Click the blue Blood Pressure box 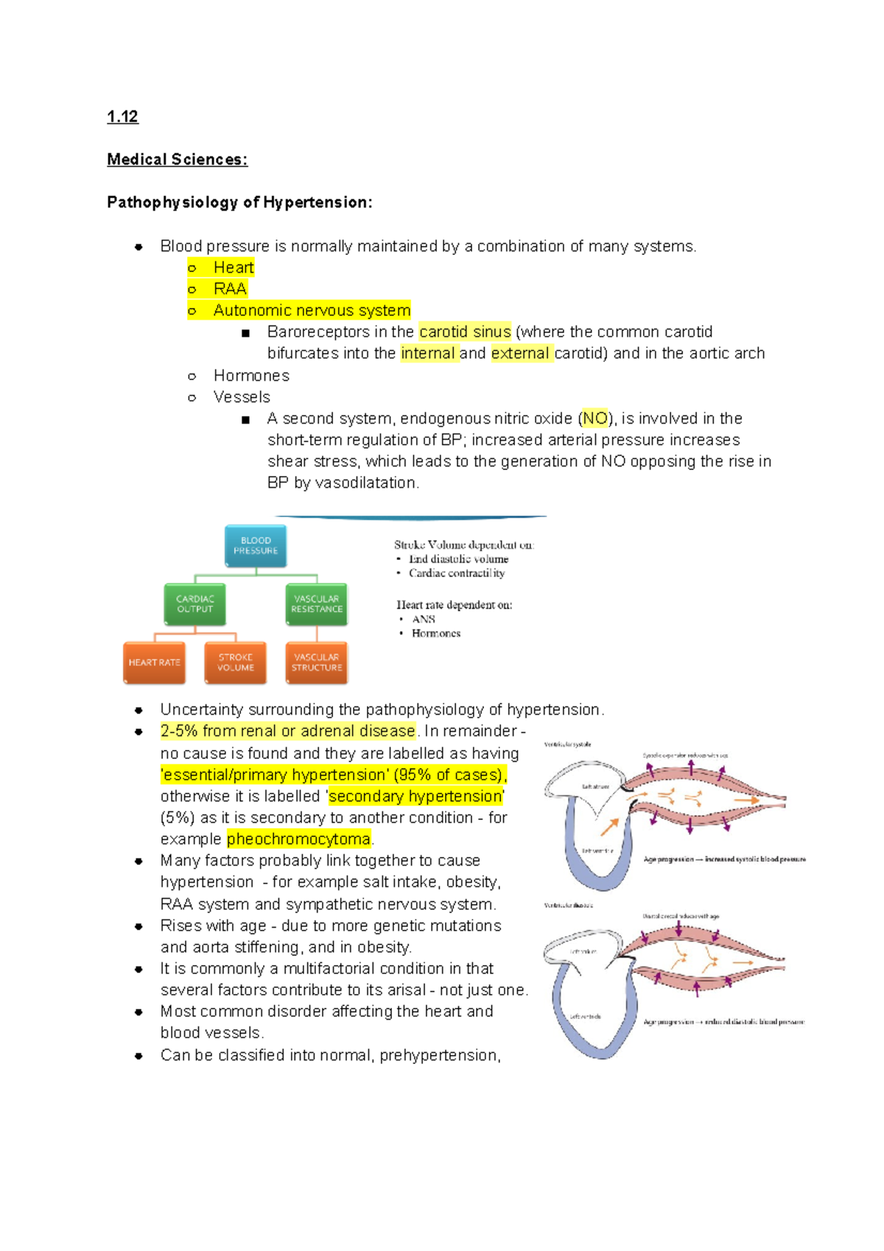[x=256, y=546]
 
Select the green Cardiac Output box [x=194, y=604]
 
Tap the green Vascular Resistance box [x=316, y=604]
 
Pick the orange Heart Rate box [x=154, y=662]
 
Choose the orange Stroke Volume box [x=235, y=662]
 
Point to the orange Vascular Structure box [x=316, y=662]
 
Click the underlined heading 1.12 [x=122, y=116]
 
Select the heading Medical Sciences [x=177, y=159]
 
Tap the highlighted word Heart [x=233, y=267]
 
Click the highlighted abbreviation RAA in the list [x=230, y=289]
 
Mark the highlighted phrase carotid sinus [x=465, y=332]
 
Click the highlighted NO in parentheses [x=595, y=418]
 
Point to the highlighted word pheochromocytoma [x=298, y=839]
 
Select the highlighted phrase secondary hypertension [x=415, y=796]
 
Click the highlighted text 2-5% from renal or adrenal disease [x=287, y=731]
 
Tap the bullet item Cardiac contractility [x=457, y=573]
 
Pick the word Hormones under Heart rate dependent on [x=435, y=634]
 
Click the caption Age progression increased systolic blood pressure [x=724, y=859]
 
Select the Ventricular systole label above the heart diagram [x=567, y=744]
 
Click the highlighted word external [x=520, y=354]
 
